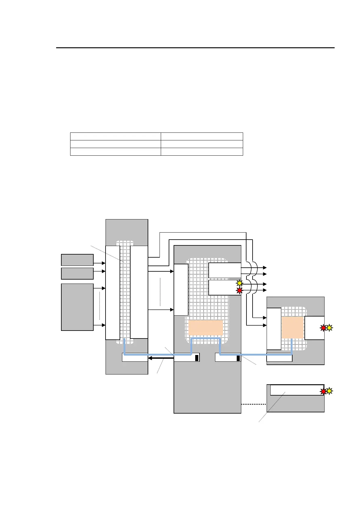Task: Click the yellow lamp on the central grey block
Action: pyautogui.click(x=239, y=283)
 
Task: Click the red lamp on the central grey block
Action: pyautogui.click(x=239, y=290)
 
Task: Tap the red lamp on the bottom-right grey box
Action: pyautogui.click(x=323, y=391)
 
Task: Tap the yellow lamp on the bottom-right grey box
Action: pyautogui.click(x=329, y=391)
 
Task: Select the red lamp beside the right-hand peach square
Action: pyautogui.click(x=323, y=328)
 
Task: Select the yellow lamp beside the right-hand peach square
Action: pyautogui.click(x=329, y=328)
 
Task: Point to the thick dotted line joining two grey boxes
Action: pyautogui.click(x=254, y=404)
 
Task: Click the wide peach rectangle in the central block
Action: pyautogui.click(x=206, y=328)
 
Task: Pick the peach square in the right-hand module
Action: pyautogui.click(x=293, y=327)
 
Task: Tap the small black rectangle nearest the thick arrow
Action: pyautogui.click(x=197, y=358)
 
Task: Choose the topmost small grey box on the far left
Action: pyautogui.click(x=77, y=260)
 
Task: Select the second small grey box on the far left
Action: pyautogui.click(x=77, y=273)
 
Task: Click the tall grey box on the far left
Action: pyautogui.click(x=77, y=307)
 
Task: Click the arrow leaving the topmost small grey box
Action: pyautogui.click(x=99, y=263)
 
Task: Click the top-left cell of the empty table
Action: pyautogui.click(x=115, y=136)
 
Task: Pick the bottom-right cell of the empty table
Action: pyautogui.click(x=202, y=152)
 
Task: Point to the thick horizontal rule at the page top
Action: pyautogui.click(x=195, y=48)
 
